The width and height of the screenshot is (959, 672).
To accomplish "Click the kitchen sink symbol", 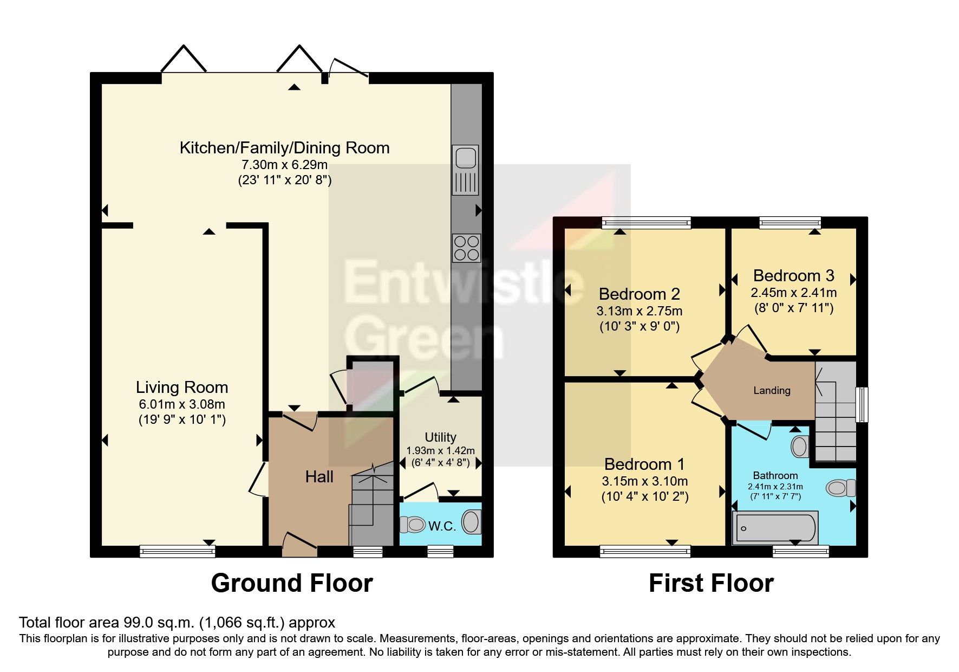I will [x=466, y=170].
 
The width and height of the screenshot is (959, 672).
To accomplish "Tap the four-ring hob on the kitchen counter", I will [x=466, y=248].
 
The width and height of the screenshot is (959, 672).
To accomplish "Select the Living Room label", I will [x=181, y=387].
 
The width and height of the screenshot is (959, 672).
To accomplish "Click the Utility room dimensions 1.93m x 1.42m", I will [x=440, y=450].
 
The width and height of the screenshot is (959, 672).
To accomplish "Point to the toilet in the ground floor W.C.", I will [x=413, y=524].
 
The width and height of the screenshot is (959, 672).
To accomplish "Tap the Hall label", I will [x=319, y=477].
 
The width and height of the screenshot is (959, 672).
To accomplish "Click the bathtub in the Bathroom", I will [x=774, y=528].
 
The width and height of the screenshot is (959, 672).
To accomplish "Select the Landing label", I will [x=772, y=390].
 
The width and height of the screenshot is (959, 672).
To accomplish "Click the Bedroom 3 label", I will [x=793, y=276].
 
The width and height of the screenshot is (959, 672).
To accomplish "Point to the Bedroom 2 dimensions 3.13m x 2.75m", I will [x=639, y=311].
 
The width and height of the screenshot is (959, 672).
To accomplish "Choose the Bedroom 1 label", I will [x=644, y=464].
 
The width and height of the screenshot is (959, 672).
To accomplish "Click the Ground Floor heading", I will [x=292, y=583].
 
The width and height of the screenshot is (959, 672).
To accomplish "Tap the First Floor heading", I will [x=711, y=583].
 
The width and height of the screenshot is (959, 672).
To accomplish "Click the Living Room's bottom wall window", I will [x=178, y=551].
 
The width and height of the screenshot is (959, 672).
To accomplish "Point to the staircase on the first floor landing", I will [x=836, y=412].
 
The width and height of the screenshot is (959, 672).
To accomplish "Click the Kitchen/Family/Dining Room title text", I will [x=284, y=148].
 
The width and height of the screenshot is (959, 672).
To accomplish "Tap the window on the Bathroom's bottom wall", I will [x=800, y=551].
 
